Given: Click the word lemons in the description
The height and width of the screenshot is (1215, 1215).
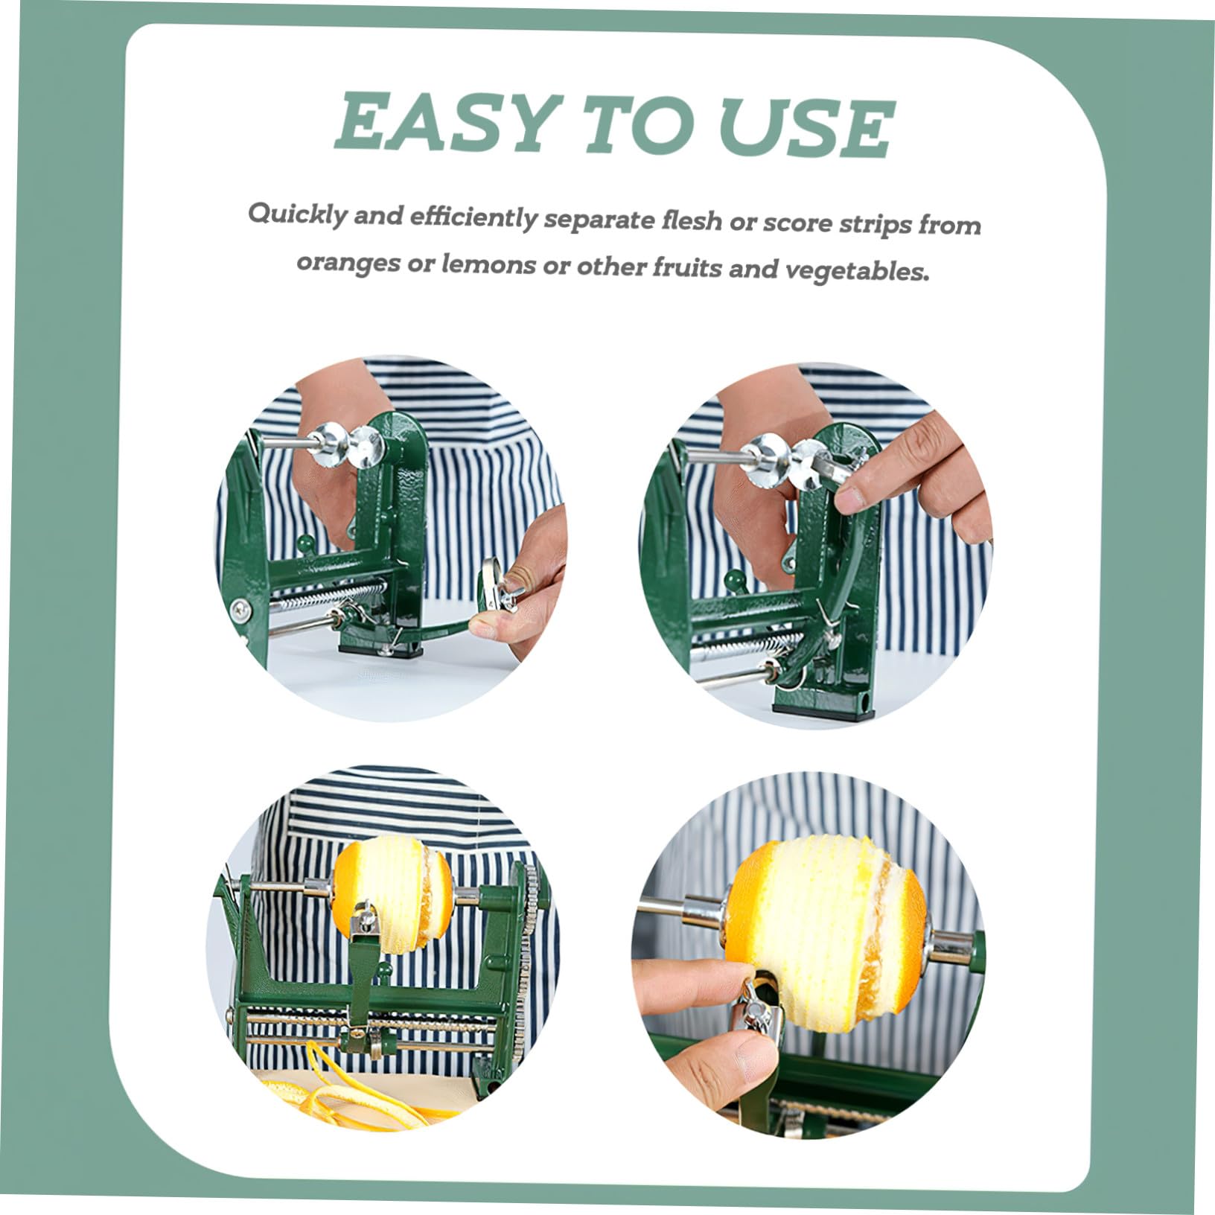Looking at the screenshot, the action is tap(482, 264).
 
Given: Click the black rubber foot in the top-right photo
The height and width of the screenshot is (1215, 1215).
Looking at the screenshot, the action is tap(823, 711).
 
